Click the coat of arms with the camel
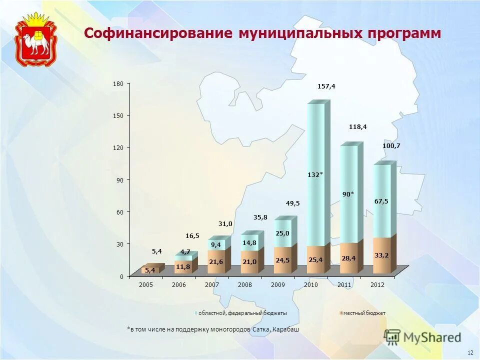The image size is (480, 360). pos(35,40)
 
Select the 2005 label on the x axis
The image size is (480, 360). pos(146,284)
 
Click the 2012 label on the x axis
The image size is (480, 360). pos(377,284)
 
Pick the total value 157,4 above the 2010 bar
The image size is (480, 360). pos(326,86)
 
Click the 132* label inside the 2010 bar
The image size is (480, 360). pos(315,174)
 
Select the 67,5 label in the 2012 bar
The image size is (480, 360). pos(381,201)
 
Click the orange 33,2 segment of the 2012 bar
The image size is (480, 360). pos(381,255)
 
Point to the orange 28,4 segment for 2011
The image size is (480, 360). pos(348,258)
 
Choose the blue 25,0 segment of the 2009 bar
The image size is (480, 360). pos(282,233)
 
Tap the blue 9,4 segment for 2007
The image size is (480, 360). pos(216,244)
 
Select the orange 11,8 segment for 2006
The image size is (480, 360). pos(183,266)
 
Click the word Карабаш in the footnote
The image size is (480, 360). pos(285,329)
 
